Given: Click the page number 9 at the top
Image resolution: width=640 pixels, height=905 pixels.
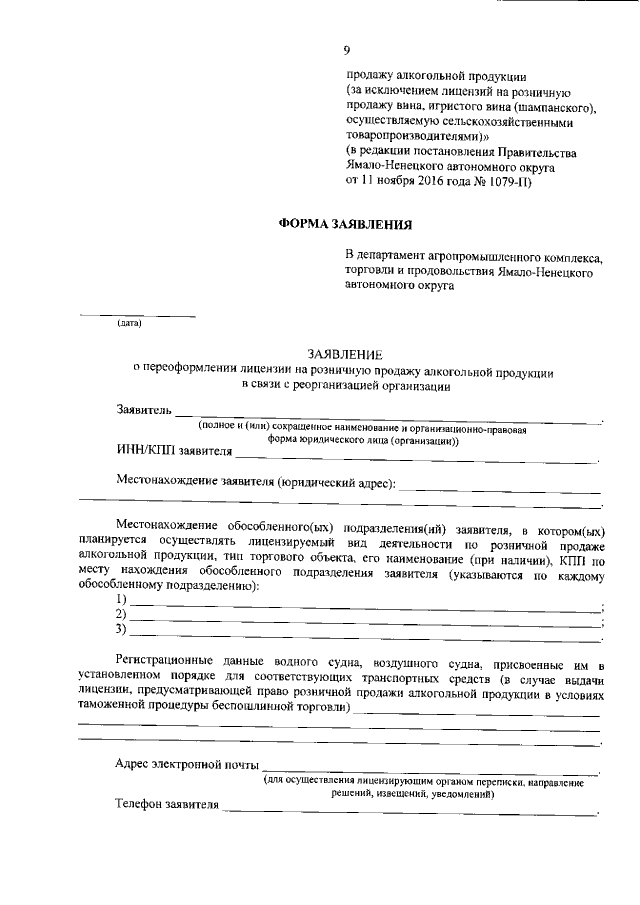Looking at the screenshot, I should pos(347,51).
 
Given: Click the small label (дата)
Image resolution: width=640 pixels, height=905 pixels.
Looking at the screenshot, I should pos(129,324).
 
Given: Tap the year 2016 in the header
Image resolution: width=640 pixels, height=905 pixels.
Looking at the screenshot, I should pos(415,182).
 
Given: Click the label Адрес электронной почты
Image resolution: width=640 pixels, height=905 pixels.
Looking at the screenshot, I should pos(186,764).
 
